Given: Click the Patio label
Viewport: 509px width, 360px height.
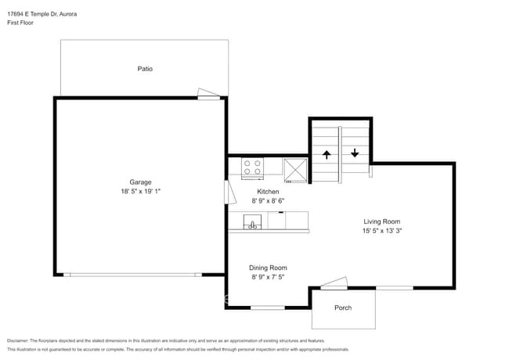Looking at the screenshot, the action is tap(145, 69).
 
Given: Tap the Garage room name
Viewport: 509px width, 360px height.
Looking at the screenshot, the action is tap(140, 182).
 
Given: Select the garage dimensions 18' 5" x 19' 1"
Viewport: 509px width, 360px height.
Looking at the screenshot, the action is tap(140, 192).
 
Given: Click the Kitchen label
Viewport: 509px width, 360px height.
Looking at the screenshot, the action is tap(268, 192).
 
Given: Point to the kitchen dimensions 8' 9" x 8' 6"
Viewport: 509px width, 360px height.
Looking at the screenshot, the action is tap(268, 201).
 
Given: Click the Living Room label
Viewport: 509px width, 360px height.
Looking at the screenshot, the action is tap(382, 221).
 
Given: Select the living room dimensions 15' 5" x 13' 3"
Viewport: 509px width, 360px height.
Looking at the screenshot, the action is tap(382, 231).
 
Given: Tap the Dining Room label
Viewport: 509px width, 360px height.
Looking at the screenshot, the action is tap(268, 268).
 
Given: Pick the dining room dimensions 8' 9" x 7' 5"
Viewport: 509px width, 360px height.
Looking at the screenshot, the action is tap(268, 277).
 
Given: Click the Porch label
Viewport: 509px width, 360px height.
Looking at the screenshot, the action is tap(343, 308).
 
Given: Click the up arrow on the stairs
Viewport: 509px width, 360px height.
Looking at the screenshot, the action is tap(327, 155).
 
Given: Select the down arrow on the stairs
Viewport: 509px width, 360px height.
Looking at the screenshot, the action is tap(355, 153).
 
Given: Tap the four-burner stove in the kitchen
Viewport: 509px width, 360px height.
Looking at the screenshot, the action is tap(252, 168).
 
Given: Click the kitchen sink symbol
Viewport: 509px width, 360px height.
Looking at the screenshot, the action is tap(252, 221).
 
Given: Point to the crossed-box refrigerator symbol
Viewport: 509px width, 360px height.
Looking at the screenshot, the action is tap(295, 171).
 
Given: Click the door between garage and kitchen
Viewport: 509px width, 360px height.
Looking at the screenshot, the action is tap(229, 193).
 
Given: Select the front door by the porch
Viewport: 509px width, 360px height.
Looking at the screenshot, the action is tap(334, 283).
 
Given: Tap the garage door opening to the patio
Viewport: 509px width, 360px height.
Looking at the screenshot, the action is tap(209, 94).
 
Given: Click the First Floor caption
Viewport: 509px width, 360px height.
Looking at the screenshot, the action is tap(20, 23).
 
